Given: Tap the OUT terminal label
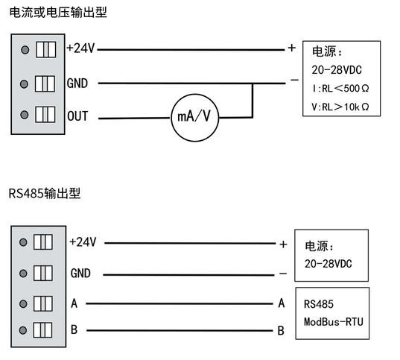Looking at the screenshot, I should click(x=77, y=117).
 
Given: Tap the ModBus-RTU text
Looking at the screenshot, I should click(x=333, y=323).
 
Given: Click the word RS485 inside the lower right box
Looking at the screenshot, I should click(x=318, y=305).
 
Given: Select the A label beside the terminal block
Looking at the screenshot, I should click(x=74, y=303).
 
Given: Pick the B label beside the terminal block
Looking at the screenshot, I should click(x=74, y=329).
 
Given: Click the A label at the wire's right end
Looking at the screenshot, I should click(x=281, y=303).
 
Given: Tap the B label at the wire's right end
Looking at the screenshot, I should click(x=281, y=330).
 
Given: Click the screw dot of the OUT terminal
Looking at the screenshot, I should click(x=25, y=116).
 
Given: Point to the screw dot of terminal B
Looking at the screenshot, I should click(x=25, y=329).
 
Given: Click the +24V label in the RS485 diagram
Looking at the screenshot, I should click(x=83, y=242).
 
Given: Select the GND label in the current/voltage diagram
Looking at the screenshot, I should click(x=77, y=82).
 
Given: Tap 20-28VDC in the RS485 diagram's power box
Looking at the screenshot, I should click(x=328, y=264).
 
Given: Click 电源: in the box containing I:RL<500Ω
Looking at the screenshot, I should click(x=326, y=52).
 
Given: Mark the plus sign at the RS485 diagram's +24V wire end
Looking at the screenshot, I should click(x=283, y=244).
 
